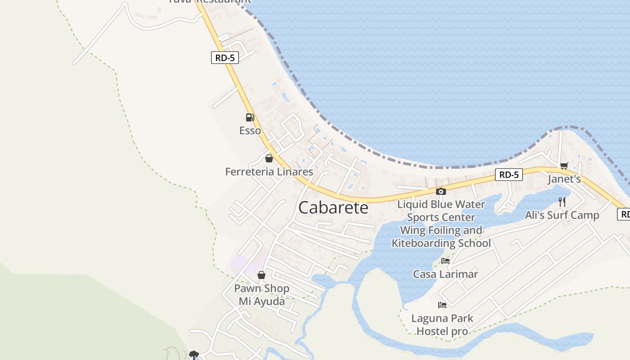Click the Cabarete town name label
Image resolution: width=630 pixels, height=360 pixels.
point(333,207)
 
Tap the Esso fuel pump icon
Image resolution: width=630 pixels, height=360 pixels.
point(250,117)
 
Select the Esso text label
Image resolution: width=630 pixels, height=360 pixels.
point(250,130)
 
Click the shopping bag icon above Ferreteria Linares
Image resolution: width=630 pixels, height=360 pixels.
point(269,158)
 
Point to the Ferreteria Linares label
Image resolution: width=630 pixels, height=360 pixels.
point(269,171)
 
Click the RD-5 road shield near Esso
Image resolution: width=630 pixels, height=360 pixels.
point(225,58)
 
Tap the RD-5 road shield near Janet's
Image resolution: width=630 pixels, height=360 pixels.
point(508,175)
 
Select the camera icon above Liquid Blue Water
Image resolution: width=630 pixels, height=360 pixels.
point(441,191)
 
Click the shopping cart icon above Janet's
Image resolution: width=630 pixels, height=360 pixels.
point(564,166)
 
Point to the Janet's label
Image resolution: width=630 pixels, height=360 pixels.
point(564,179)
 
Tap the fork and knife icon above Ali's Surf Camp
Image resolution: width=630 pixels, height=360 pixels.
point(562,202)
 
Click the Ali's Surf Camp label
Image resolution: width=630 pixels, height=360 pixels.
point(562,215)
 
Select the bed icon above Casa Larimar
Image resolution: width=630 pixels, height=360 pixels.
point(445,261)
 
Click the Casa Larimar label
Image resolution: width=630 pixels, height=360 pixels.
point(445,274)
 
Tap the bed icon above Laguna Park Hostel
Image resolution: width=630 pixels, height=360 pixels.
point(442,305)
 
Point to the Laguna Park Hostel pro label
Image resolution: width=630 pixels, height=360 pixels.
point(442,324)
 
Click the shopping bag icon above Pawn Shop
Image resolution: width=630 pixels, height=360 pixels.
point(261,275)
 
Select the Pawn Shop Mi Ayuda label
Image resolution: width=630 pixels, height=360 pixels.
point(261,295)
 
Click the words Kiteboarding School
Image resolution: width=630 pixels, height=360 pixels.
point(441,243)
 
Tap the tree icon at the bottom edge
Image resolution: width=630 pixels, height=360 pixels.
point(193,355)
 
